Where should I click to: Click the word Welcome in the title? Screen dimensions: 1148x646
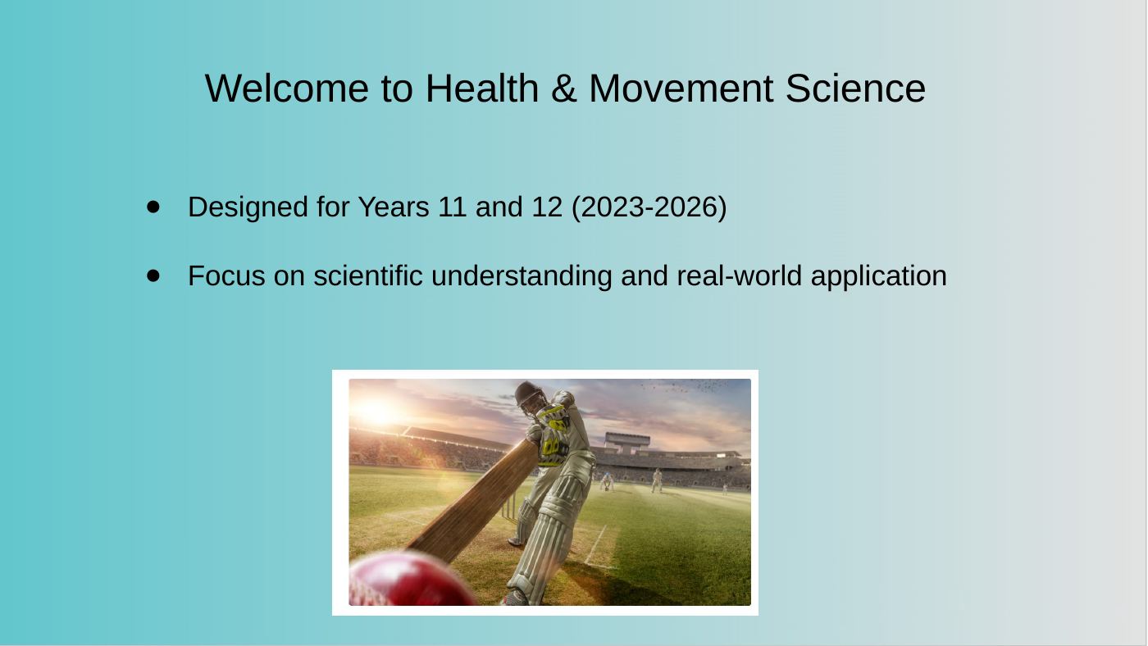pos(286,89)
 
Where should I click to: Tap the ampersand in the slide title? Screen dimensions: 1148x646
pos(564,89)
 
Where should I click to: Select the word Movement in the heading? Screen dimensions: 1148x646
pos(681,89)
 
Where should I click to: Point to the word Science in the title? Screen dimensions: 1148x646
pos(855,89)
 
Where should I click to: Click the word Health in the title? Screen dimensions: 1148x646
pos(482,89)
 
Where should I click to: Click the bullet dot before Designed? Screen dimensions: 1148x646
pos(153,207)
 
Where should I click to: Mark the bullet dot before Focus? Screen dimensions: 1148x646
pos(153,275)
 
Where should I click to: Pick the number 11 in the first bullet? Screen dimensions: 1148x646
pos(453,207)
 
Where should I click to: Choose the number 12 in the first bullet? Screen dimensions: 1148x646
pos(547,207)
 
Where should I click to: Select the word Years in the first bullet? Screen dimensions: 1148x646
pos(394,207)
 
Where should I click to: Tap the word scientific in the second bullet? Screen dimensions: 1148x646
pos(368,275)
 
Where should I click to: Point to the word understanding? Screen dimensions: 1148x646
pos(522,276)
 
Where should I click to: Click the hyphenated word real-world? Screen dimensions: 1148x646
pos(739,275)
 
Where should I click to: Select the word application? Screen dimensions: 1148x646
pos(879,276)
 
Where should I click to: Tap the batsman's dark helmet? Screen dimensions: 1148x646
pos(530,394)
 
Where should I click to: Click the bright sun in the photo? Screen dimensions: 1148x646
pos(376,411)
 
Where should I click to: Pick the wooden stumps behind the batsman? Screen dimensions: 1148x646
pos(509,507)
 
